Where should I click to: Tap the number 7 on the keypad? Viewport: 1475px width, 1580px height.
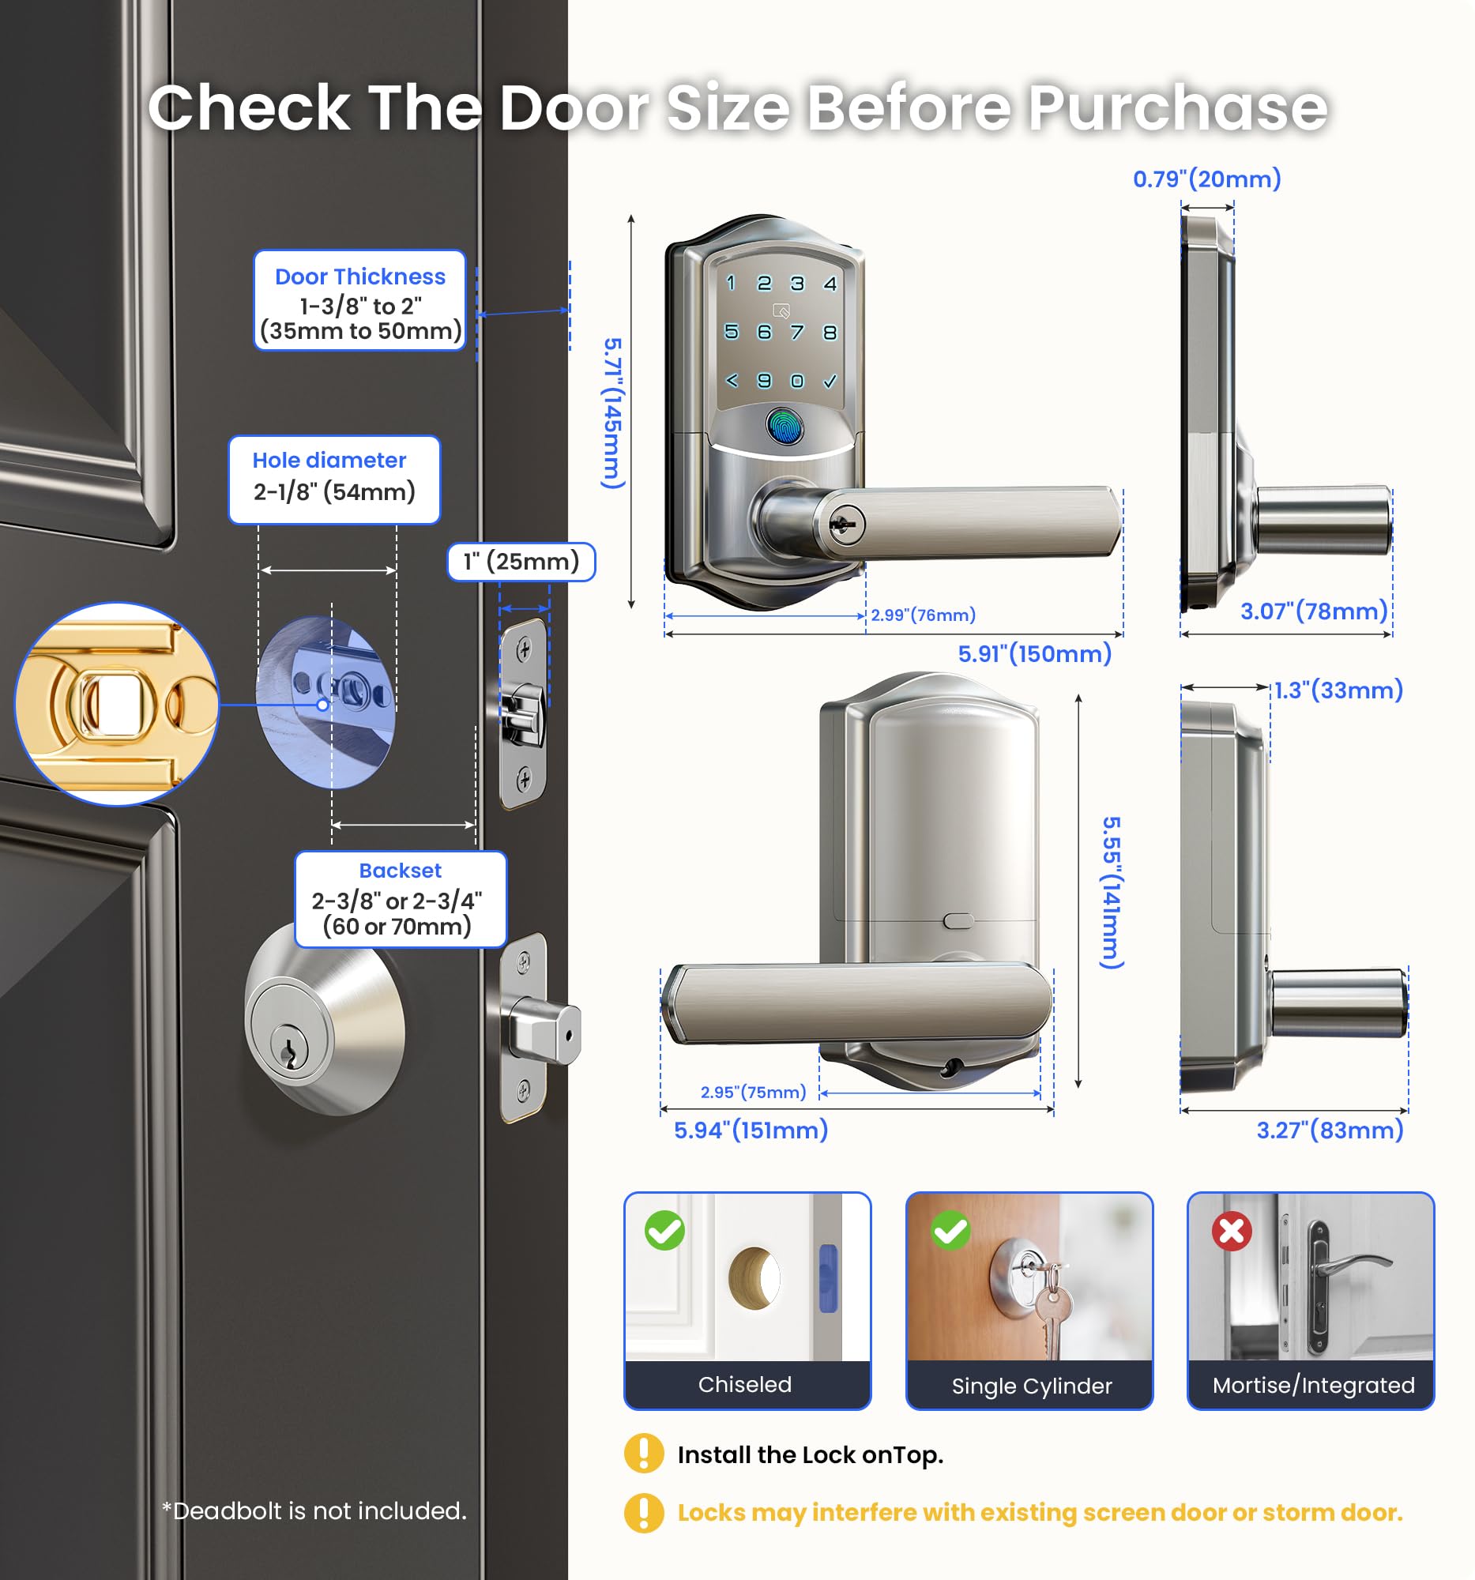(797, 333)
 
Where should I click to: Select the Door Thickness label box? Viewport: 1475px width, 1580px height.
(360, 300)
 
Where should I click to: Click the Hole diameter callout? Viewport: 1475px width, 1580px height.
(333, 480)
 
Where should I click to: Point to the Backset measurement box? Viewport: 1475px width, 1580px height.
(401, 899)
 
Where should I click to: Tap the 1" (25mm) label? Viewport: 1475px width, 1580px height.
(521, 562)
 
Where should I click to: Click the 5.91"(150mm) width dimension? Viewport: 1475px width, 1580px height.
(1034, 654)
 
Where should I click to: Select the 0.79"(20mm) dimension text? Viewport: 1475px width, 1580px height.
(1207, 179)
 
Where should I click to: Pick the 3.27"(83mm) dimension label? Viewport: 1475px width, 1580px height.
(1330, 1130)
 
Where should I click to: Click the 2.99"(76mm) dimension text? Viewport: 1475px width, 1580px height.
(923, 615)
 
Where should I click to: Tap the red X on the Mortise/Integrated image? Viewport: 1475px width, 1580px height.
(1232, 1231)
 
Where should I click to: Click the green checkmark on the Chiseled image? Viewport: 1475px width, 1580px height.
(665, 1231)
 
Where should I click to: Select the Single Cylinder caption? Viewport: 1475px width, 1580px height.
(1032, 1386)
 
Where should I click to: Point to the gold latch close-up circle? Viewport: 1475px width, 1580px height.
(117, 704)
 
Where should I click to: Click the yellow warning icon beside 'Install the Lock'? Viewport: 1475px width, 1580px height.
(644, 1454)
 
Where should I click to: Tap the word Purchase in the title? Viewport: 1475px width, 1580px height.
(1178, 107)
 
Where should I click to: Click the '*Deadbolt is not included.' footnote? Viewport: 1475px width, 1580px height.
(314, 1510)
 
